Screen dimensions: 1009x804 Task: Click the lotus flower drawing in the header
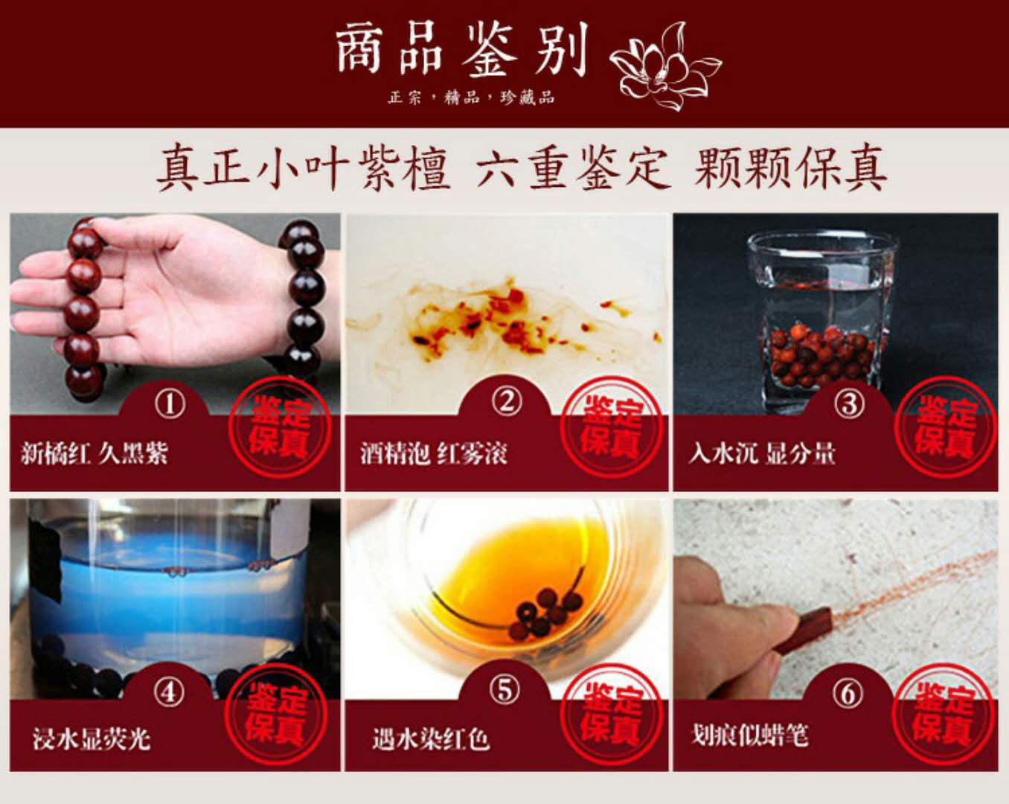pos(664,66)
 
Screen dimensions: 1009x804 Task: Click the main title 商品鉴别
pos(461,50)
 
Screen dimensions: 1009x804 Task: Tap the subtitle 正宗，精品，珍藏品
pos(471,98)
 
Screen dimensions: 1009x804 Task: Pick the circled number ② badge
pos(507,402)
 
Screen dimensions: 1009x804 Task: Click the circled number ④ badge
pos(169,692)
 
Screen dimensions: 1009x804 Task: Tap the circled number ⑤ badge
pos(505,690)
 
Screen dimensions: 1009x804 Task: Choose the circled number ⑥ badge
pos(848,693)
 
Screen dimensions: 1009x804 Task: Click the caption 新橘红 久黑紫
pos(95,453)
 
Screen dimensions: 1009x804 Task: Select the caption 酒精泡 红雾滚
pos(434,453)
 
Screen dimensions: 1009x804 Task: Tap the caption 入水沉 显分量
pos(762,453)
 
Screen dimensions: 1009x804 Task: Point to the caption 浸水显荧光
pos(92,738)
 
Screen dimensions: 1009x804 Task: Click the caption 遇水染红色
pos(431,739)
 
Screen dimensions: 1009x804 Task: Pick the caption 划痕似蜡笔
pos(750,735)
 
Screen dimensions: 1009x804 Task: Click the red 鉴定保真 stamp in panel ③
pos(945,427)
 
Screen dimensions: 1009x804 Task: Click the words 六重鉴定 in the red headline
pos(571,167)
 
